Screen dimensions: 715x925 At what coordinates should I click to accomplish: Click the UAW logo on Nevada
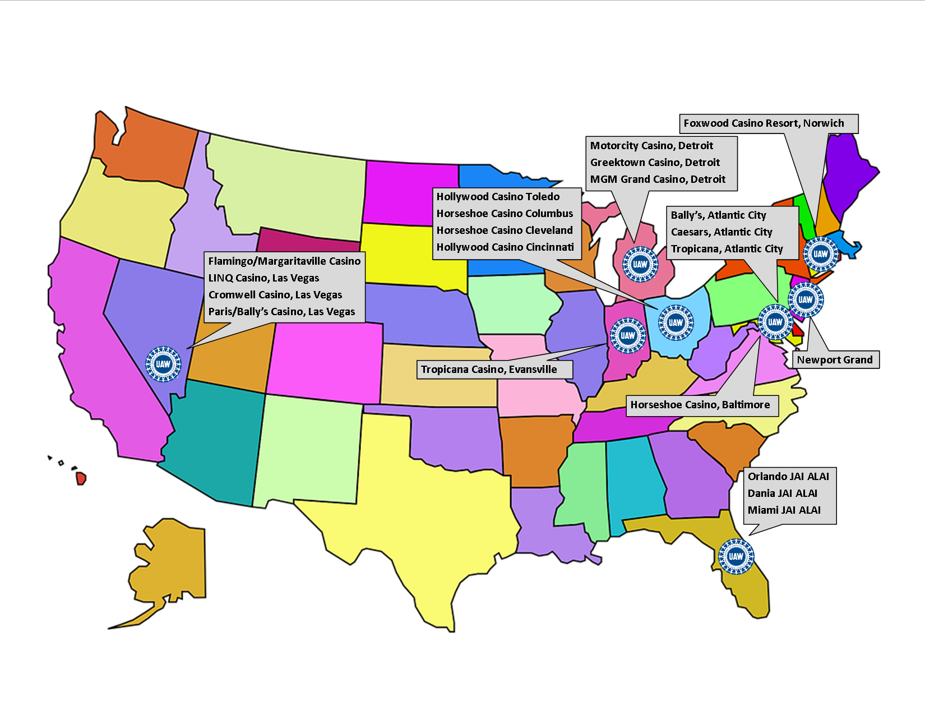coord(163,364)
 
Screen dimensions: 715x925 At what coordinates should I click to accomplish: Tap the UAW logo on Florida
coord(736,556)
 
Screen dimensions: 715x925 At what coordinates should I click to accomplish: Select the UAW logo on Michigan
coord(640,264)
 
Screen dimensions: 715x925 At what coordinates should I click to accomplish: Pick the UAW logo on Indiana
coord(627,335)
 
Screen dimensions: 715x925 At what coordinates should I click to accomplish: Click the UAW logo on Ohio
coord(676,322)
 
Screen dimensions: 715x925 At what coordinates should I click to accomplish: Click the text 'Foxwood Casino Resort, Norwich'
coord(764,123)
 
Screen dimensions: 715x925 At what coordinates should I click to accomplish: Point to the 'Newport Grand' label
coord(835,360)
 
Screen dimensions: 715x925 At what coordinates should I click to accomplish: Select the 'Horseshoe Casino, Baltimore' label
coord(700,405)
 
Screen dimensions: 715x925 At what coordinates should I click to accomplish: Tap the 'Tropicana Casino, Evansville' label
coord(489,370)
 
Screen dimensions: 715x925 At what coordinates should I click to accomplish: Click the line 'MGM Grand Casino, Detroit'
coord(658,179)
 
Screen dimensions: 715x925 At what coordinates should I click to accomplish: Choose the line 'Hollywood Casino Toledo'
coord(498,197)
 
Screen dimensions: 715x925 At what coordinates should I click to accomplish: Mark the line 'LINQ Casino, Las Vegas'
coord(263,278)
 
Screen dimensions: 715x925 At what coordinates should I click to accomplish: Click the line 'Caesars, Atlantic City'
coord(721,232)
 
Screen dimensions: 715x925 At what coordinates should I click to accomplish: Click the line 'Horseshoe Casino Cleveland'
coord(505,230)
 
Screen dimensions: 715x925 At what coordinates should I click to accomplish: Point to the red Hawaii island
coord(81,478)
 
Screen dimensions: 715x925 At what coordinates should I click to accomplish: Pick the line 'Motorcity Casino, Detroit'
coord(651,146)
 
